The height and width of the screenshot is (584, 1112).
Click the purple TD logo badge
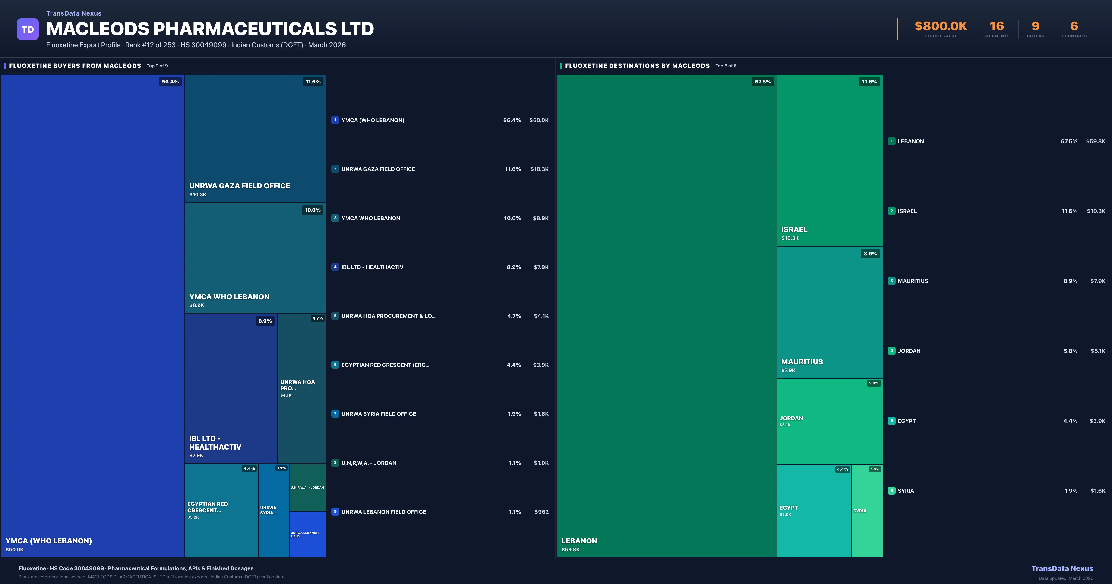click(x=28, y=29)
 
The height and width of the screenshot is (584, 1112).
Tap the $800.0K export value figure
click(x=941, y=26)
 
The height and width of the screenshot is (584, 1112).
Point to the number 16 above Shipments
click(x=997, y=26)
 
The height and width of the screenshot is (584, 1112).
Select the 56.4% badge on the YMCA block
click(x=170, y=82)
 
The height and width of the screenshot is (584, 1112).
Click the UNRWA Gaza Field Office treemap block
click(x=255, y=138)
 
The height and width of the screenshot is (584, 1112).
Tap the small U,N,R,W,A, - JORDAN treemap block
click(x=307, y=487)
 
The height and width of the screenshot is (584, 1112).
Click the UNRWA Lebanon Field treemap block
click(x=307, y=534)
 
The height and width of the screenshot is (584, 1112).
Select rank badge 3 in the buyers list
click(x=335, y=218)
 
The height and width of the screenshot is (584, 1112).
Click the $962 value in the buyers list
click(x=541, y=512)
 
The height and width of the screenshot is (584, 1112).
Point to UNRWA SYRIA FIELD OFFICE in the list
click(x=379, y=414)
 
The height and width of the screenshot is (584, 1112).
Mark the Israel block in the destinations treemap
click(x=829, y=160)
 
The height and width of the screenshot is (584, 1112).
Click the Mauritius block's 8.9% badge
click(x=870, y=254)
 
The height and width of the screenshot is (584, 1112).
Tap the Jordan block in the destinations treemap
click(x=829, y=421)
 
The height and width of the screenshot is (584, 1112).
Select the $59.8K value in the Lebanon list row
click(x=1095, y=141)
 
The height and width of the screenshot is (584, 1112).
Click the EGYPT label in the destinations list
click(x=907, y=421)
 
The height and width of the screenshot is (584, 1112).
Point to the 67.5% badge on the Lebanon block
click(x=762, y=82)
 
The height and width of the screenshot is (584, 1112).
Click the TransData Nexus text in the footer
click(x=1062, y=568)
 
